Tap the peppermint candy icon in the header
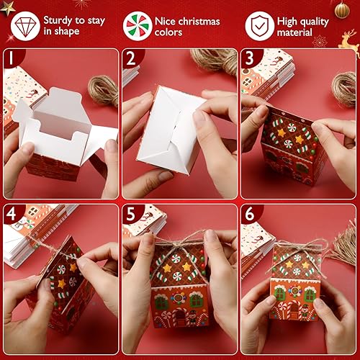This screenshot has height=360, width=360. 138,25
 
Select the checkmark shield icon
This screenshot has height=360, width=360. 259,25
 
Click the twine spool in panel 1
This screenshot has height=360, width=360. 103,89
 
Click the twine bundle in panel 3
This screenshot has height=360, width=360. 343,86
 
